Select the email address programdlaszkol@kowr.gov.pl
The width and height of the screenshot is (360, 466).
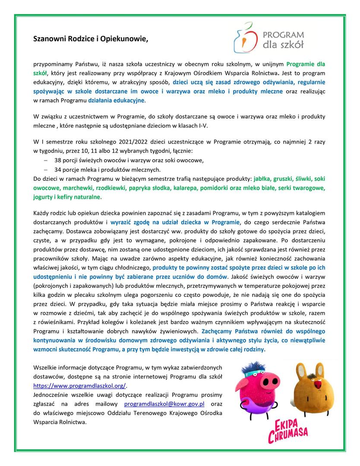tap(164, 404)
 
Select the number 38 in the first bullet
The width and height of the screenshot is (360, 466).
tap(58, 160)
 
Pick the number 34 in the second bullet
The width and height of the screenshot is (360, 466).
tap(58, 169)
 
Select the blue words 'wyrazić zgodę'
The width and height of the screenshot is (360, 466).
tap(130, 222)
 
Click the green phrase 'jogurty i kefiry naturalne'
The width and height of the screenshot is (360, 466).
tap(67, 197)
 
